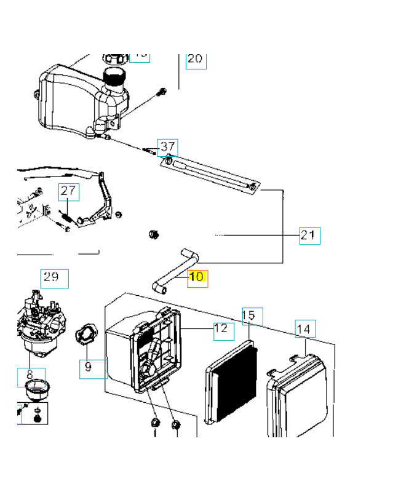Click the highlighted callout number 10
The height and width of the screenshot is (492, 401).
(x=197, y=277)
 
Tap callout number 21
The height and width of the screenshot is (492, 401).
(x=310, y=235)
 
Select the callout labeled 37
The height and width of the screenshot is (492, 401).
(x=168, y=148)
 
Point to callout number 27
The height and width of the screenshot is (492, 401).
(x=69, y=191)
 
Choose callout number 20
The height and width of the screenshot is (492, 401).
(x=195, y=59)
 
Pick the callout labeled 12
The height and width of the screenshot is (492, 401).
(x=223, y=329)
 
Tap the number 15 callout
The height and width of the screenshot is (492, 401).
(x=252, y=315)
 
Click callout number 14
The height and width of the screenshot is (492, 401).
(x=304, y=329)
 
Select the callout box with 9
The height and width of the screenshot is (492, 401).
(x=88, y=367)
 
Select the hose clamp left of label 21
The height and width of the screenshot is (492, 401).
(x=154, y=234)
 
